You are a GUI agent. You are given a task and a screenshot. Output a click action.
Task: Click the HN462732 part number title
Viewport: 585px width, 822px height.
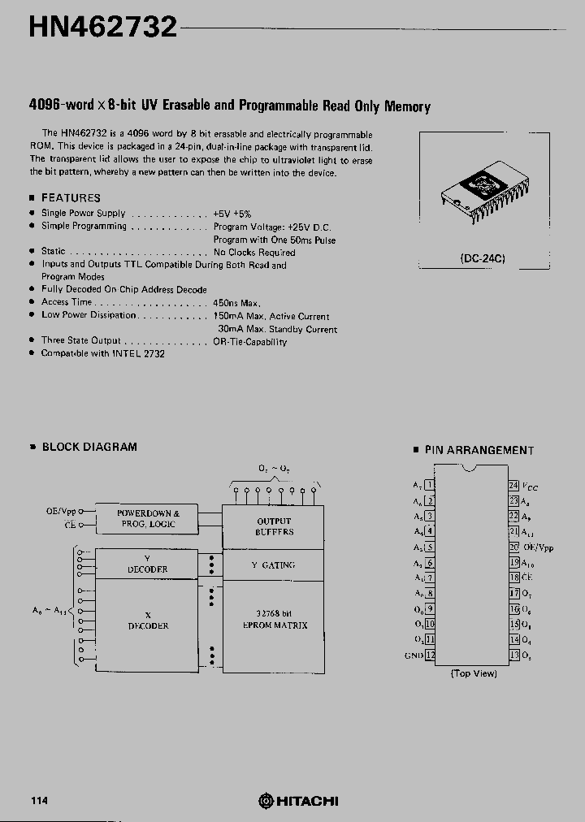[x=102, y=27]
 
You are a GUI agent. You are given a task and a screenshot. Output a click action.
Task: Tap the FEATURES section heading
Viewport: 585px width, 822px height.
[x=71, y=197]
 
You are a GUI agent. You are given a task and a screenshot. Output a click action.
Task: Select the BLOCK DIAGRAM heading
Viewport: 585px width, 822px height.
[x=89, y=447]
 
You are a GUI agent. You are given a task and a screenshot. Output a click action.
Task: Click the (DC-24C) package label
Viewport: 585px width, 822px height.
[x=483, y=258]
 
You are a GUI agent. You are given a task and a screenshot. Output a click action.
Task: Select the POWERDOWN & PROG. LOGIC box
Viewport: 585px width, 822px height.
[x=147, y=518]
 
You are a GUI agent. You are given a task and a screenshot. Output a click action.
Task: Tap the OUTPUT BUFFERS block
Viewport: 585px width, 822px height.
[x=274, y=526]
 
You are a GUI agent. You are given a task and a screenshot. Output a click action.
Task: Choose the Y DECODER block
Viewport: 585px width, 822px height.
[x=147, y=564]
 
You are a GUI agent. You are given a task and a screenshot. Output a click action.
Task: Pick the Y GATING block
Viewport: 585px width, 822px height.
[x=274, y=565]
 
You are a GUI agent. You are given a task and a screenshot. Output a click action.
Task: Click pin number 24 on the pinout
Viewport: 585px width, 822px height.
[x=513, y=485]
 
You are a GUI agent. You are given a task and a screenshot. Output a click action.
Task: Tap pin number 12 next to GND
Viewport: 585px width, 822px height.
[x=431, y=655]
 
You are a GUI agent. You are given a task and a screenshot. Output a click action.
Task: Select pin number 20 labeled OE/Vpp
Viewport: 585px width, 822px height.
[x=513, y=547]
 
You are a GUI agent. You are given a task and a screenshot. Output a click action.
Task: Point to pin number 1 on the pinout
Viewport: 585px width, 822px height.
[x=431, y=485]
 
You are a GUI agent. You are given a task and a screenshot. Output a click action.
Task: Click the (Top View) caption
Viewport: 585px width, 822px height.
[x=473, y=673]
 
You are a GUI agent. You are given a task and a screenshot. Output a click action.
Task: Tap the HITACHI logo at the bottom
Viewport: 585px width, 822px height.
[x=298, y=801]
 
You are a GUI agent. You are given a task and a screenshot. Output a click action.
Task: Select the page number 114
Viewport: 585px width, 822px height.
[x=39, y=801]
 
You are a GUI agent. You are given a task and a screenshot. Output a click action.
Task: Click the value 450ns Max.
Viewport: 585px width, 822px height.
[x=236, y=302]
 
